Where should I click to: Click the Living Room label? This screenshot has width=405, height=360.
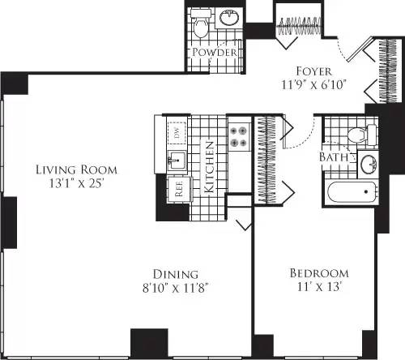point(76,170)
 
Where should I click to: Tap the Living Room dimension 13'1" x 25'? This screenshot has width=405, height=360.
point(76,184)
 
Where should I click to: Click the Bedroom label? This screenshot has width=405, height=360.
point(319,273)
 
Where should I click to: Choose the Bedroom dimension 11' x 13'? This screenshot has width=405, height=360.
point(319,287)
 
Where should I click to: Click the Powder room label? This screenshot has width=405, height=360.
point(215,53)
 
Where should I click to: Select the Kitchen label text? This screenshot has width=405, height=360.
point(209,167)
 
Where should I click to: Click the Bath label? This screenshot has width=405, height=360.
point(334,156)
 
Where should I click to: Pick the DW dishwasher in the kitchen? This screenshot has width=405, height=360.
point(175,132)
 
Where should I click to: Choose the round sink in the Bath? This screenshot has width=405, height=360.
point(369,165)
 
